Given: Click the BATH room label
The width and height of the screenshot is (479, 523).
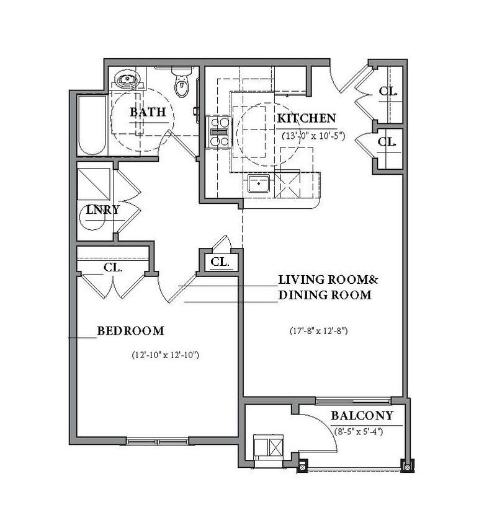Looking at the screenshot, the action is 148,112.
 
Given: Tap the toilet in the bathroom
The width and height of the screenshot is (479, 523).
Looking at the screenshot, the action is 181,82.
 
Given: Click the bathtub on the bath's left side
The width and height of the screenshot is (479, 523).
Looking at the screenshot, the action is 92,125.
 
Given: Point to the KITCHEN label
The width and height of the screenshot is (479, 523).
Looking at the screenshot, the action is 307,118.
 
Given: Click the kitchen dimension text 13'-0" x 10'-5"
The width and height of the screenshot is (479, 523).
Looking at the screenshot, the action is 313,136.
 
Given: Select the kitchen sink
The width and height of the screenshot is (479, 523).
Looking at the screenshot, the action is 259,183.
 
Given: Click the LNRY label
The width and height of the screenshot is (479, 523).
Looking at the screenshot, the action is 102,210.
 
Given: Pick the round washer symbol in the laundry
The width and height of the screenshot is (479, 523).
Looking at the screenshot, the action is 91,218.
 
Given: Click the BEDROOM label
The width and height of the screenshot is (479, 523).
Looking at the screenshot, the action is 130,331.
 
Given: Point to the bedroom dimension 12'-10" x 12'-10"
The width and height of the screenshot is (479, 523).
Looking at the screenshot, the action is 165,355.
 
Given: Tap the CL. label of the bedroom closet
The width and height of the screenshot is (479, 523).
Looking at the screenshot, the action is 113,267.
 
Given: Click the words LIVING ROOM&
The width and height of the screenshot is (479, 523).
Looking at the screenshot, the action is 328,279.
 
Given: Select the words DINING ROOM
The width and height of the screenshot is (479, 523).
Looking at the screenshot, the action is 325,295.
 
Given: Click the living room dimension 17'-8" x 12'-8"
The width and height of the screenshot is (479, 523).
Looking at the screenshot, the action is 319,331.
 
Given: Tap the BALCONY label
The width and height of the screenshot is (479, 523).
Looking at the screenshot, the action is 362,416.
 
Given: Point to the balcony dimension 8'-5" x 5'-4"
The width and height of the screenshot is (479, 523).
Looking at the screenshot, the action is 359,432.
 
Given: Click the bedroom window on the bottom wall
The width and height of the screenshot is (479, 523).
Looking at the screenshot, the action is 158,442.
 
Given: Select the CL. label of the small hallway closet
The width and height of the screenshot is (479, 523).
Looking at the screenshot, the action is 220,262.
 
